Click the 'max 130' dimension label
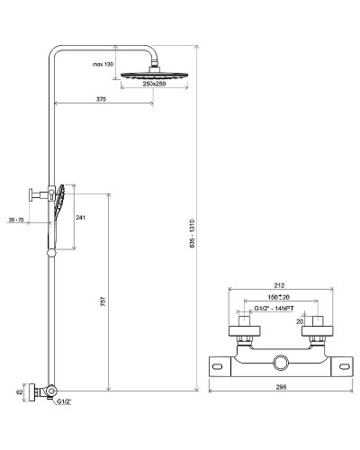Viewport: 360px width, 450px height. point(103,65)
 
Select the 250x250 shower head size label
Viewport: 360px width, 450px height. point(158,84)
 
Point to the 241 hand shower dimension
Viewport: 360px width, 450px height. point(81,217)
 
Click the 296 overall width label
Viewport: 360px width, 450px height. point(280,391)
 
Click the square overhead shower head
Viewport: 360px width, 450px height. point(158,71)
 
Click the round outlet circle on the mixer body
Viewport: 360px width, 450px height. point(280,363)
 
